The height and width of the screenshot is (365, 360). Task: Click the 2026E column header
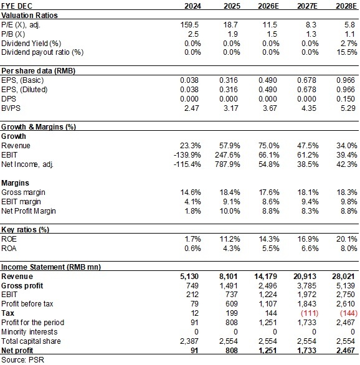[x=268, y=6]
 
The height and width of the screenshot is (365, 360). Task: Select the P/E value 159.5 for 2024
[x=191, y=25]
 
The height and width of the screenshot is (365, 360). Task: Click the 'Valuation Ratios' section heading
[x=29, y=16]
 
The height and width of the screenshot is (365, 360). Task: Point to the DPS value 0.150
[x=346, y=99]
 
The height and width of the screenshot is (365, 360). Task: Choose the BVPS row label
[x=11, y=108]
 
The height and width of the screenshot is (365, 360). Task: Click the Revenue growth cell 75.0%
[x=268, y=146]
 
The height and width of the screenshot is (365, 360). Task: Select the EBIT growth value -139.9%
[x=187, y=155]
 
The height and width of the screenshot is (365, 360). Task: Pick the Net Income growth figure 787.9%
[x=227, y=164]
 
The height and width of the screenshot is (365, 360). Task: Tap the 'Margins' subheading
[x=15, y=183]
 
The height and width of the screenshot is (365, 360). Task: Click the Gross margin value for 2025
[x=230, y=192]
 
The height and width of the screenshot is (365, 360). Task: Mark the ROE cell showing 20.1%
[x=346, y=239]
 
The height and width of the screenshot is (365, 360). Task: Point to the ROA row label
[x=9, y=249]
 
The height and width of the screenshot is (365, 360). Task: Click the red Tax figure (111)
[x=310, y=313]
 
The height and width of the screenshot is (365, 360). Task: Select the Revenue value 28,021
[x=343, y=277]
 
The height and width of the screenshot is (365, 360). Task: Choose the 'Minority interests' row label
[x=29, y=332]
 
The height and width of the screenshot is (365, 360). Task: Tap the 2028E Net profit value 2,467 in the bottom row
[x=345, y=351]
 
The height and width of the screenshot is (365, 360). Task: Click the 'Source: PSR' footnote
[x=22, y=360]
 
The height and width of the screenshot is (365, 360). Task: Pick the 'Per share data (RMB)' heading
[x=39, y=71]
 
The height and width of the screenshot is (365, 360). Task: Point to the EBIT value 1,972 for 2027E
[x=306, y=295]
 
